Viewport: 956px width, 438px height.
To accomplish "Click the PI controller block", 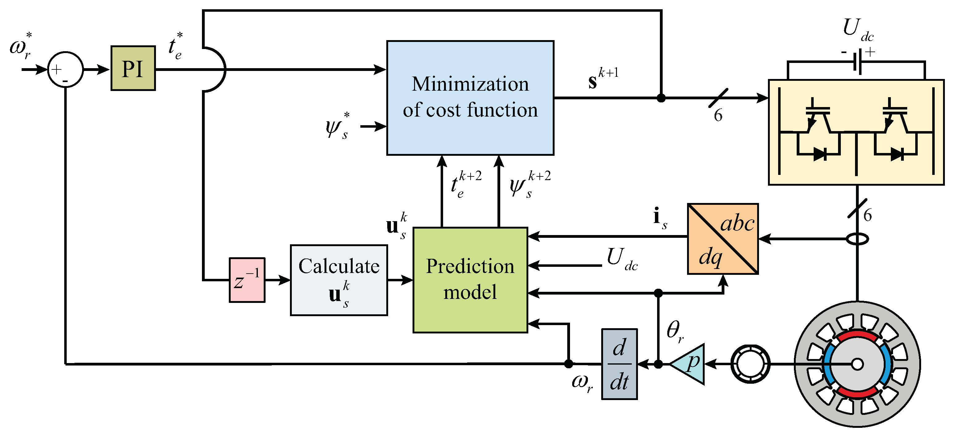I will point(133,68).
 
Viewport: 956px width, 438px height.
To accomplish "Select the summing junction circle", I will point(65,69).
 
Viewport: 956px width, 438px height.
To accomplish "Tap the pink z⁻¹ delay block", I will point(247,280).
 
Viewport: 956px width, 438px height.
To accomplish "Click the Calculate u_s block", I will point(338,280).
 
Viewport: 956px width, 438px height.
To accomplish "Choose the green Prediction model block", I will point(470,280).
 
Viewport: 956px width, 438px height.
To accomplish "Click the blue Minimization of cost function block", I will point(470,97).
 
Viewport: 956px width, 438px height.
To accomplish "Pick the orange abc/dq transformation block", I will point(722,239).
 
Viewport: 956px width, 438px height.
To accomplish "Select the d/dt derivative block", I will point(619,364).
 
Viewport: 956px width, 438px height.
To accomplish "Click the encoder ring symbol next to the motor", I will point(750,364).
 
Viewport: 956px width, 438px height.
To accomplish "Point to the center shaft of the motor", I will point(857,364).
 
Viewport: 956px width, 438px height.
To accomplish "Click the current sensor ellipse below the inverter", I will point(857,239).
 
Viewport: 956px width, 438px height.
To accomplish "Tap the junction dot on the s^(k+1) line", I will point(661,98).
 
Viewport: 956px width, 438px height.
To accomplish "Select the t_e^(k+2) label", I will point(465,184).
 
